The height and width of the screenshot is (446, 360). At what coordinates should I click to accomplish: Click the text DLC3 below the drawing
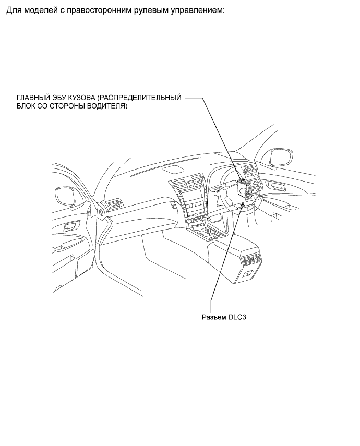pyautogui.click(x=237, y=317)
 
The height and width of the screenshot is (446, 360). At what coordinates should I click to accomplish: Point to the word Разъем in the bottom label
pyautogui.click(x=214, y=317)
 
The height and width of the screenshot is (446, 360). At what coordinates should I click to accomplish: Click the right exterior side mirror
pyautogui.click(x=280, y=158)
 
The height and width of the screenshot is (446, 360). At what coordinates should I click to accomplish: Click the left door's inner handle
pyautogui.click(x=70, y=227)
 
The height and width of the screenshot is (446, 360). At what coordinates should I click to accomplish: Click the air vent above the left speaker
pyautogui.click(x=114, y=205)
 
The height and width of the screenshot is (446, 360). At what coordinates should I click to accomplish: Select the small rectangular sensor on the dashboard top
pyautogui.click(x=173, y=170)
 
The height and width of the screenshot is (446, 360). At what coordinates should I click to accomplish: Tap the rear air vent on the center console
pyautogui.click(x=251, y=259)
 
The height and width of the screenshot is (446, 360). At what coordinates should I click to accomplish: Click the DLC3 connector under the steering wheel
pyautogui.click(x=242, y=205)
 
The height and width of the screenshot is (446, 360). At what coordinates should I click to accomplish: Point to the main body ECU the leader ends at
pyautogui.click(x=244, y=180)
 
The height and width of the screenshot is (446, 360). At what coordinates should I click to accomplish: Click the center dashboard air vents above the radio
pyautogui.click(x=188, y=184)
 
